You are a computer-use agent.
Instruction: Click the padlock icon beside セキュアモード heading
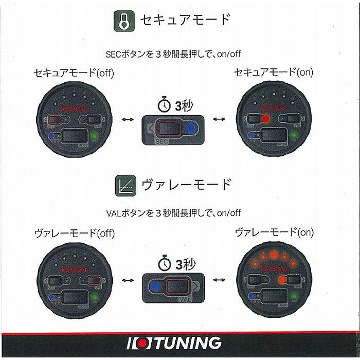[123, 22]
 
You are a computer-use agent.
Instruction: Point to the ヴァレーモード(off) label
[74, 233]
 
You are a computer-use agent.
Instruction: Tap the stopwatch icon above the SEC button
[164, 105]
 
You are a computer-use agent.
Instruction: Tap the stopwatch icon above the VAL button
[164, 265]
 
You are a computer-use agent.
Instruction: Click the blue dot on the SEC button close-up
[191, 128]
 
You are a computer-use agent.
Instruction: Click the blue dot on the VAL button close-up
[154, 287]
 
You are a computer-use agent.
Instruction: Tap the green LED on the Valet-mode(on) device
[294, 297]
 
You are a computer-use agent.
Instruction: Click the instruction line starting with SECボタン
[173, 53]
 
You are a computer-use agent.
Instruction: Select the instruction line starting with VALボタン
[173, 212]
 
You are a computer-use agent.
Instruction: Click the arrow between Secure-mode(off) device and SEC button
[127, 119]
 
